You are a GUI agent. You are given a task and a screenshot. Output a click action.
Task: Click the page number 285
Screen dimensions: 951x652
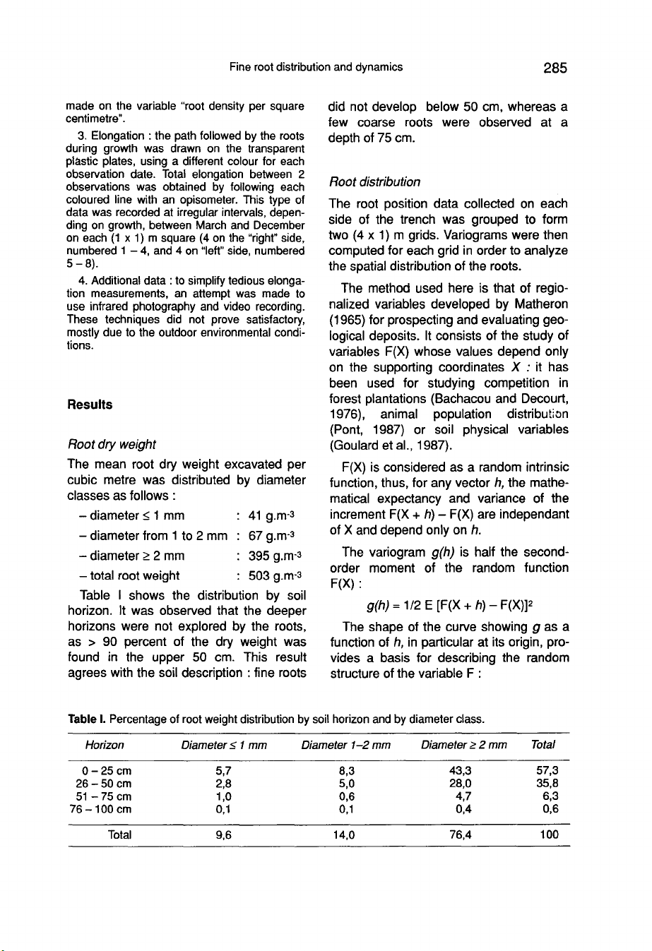pyautogui.click(x=555, y=68)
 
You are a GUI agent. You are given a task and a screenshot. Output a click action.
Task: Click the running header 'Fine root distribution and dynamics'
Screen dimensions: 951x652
pyautogui.click(x=316, y=67)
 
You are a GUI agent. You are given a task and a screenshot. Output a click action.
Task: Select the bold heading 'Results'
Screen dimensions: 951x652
pyautogui.click(x=90, y=405)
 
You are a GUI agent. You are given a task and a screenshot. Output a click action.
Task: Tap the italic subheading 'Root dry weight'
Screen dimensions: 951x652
pyautogui.click(x=111, y=444)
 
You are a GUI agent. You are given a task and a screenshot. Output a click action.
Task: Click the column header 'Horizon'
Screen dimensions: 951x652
pyautogui.click(x=105, y=745)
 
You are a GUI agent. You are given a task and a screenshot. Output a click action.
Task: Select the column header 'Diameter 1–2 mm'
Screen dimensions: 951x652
pyautogui.click(x=346, y=745)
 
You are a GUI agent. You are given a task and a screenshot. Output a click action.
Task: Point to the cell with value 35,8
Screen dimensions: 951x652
pyautogui.click(x=547, y=784)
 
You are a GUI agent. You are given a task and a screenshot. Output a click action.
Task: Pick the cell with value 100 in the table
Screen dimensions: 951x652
pyautogui.click(x=549, y=835)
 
